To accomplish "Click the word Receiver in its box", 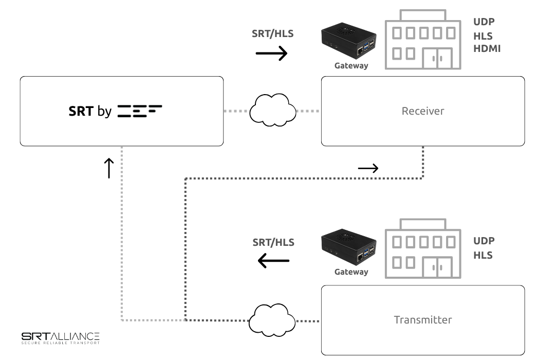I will [x=422, y=111].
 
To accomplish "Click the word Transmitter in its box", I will [x=422, y=320].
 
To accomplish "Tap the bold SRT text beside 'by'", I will [x=81, y=111].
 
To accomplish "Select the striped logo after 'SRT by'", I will [x=139, y=111].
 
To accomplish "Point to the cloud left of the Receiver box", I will [x=273, y=109].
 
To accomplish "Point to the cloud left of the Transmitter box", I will [x=273, y=319].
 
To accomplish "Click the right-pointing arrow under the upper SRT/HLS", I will [x=271, y=53].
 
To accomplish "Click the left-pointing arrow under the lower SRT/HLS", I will [x=273, y=261].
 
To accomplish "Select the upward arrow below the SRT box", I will [x=108, y=168].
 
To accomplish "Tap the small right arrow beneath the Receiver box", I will [x=368, y=168].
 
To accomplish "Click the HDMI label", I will [x=487, y=49].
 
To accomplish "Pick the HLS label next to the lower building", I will [x=483, y=255].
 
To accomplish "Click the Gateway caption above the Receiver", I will [x=351, y=66].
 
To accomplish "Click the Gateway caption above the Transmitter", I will [x=351, y=272].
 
